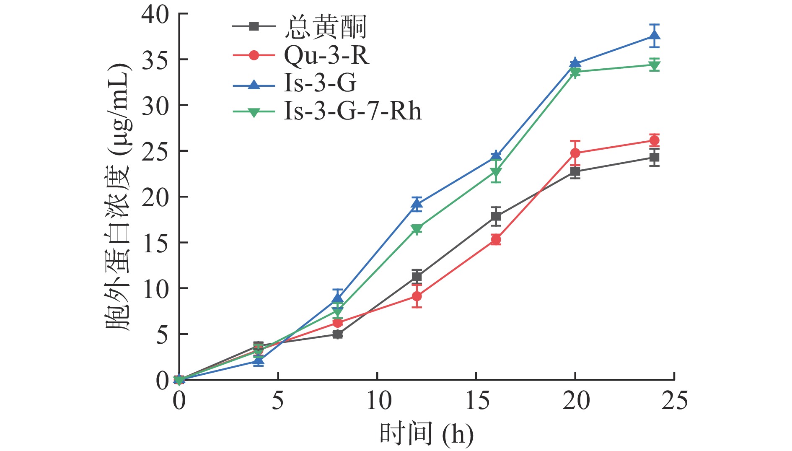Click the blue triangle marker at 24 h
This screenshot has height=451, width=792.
click(654, 36)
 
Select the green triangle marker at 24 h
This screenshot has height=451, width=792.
click(654, 65)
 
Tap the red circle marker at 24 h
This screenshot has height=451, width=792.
click(654, 140)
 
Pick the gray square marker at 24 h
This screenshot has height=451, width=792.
click(654, 158)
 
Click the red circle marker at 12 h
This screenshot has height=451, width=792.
click(417, 296)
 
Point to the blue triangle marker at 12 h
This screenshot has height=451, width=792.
click(417, 204)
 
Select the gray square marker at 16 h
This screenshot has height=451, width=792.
click(496, 217)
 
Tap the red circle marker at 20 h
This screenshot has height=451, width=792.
click(575, 153)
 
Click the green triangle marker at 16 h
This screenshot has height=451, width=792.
click(496, 172)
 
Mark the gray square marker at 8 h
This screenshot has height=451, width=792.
click(337, 334)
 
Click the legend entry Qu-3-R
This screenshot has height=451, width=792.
click(326, 55)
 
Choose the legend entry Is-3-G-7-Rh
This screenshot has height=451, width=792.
click(352, 111)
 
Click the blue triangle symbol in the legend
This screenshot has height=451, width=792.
click(254, 84)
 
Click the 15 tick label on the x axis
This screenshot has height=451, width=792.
click(477, 401)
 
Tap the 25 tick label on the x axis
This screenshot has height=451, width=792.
click(674, 401)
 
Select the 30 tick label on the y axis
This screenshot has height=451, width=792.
click(155, 105)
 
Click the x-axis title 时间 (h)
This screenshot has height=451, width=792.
click(426, 434)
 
